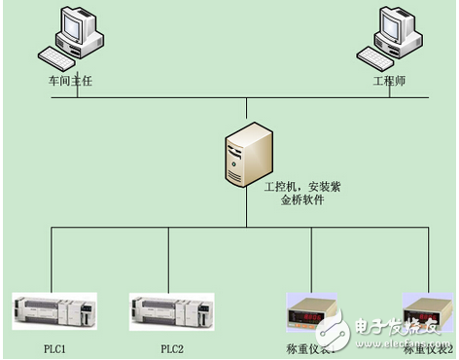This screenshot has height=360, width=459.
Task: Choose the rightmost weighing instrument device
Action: coord(427,311)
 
